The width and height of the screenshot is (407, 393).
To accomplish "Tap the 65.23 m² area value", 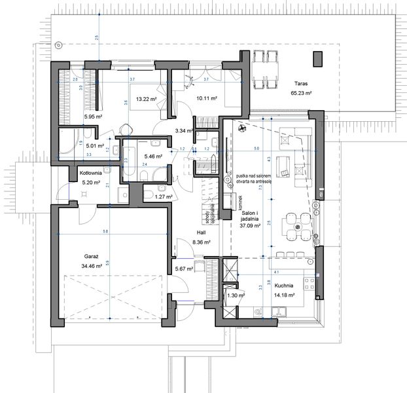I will coord(300,94).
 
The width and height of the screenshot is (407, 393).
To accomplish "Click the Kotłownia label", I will coord(89,174).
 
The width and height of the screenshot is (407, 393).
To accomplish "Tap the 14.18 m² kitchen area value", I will coord(283,295).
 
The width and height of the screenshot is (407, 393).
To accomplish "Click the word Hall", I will coord(201,233).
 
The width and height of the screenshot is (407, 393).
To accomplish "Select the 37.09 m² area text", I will coord(250,226).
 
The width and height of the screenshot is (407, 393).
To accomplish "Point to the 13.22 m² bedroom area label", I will coord(146,99).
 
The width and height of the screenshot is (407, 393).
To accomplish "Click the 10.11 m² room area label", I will coord(206,100).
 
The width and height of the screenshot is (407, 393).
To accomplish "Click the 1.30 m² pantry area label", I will coord(236,295).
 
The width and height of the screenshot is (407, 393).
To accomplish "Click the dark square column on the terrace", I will coord(318,58).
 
